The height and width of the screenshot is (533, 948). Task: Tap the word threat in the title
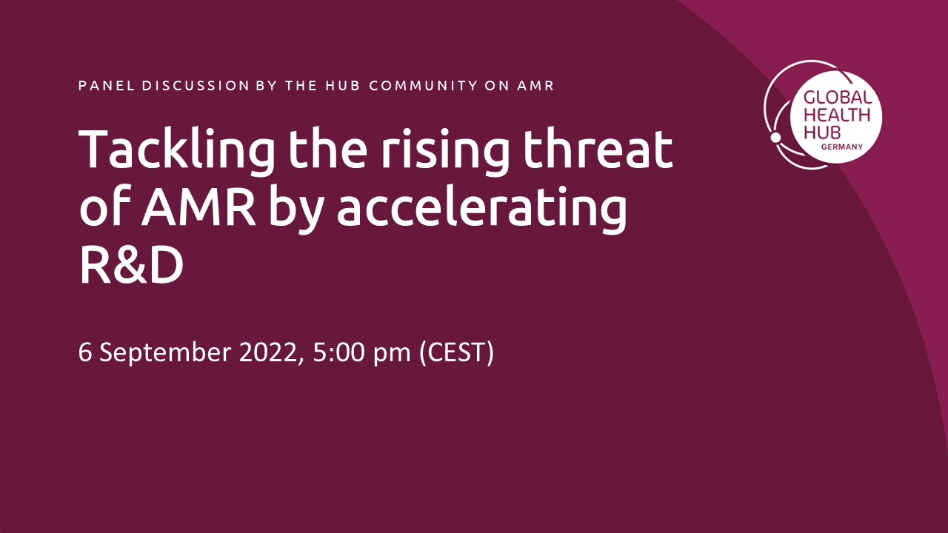(x=598, y=148)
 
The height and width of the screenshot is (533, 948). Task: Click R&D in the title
(x=131, y=265)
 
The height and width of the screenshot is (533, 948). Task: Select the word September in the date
(x=165, y=352)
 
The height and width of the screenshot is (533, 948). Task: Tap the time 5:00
(x=338, y=352)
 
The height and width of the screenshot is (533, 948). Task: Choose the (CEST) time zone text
(x=457, y=352)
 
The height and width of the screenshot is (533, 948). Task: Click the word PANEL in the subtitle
(x=107, y=85)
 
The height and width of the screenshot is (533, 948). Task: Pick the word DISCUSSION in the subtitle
(x=196, y=85)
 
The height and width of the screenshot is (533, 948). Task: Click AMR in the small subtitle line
(x=535, y=85)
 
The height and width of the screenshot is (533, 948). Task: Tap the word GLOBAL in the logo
(x=838, y=98)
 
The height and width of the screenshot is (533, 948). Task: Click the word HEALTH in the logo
(x=837, y=115)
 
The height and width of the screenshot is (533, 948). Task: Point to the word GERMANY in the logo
(x=842, y=147)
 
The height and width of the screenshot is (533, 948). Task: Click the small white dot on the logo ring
(x=775, y=137)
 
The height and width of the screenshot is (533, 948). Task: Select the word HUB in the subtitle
(x=342, y=85)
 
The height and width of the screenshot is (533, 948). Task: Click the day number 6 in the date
(x=84, y=352)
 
